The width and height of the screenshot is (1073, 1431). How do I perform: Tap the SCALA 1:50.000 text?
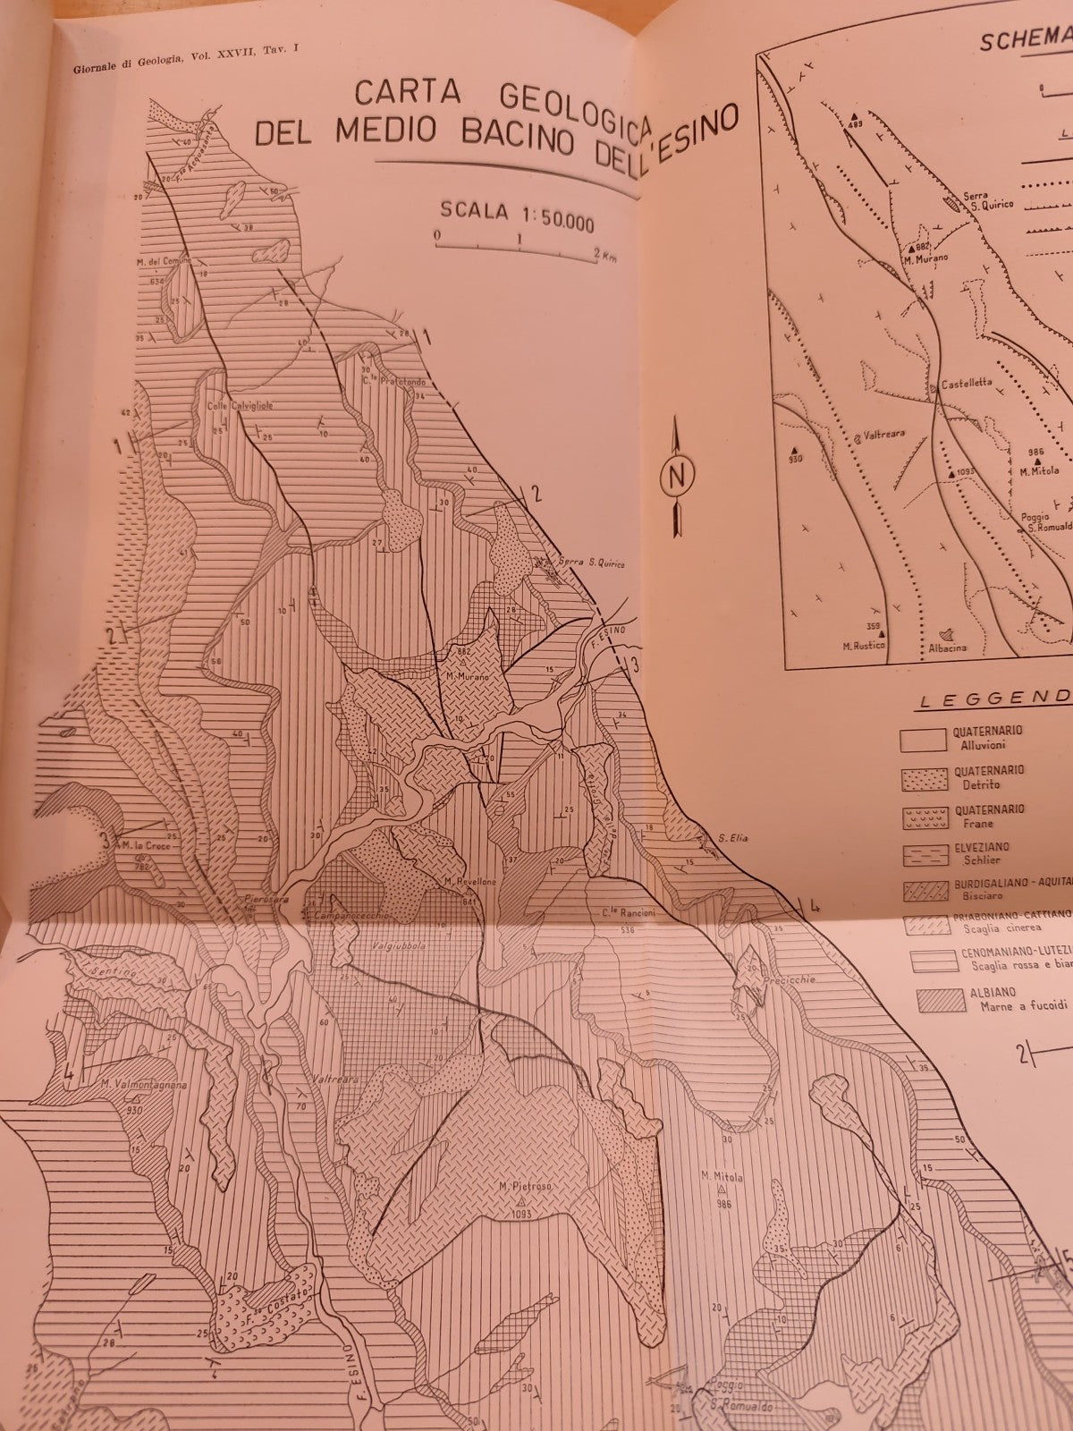[x=516, y=219]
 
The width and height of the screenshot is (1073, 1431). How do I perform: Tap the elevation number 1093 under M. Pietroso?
[x=522, y=1215]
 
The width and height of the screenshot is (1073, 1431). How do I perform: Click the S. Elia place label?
[x=732, y=839]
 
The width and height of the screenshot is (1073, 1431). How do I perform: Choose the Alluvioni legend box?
[x=922, y=739]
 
